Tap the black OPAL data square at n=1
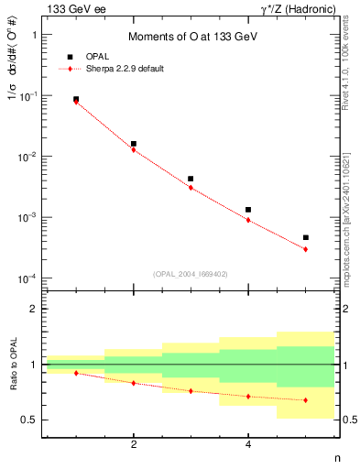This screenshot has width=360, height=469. tap(76, 99)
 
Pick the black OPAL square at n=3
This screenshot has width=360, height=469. tap(191, 179)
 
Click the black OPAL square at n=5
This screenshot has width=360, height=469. tap(305, 237)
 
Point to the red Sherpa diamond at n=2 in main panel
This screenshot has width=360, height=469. tap(134, 149)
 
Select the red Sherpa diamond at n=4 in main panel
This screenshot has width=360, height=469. tap(248, 220)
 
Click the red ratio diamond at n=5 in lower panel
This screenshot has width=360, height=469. tap(305, 400)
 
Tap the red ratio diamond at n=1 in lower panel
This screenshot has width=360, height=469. tap(76, 373)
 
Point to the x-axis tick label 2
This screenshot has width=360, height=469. tap(134, 445)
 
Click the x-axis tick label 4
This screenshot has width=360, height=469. tap(248, 445)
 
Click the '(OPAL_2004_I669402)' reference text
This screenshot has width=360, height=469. tap(191, 273)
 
